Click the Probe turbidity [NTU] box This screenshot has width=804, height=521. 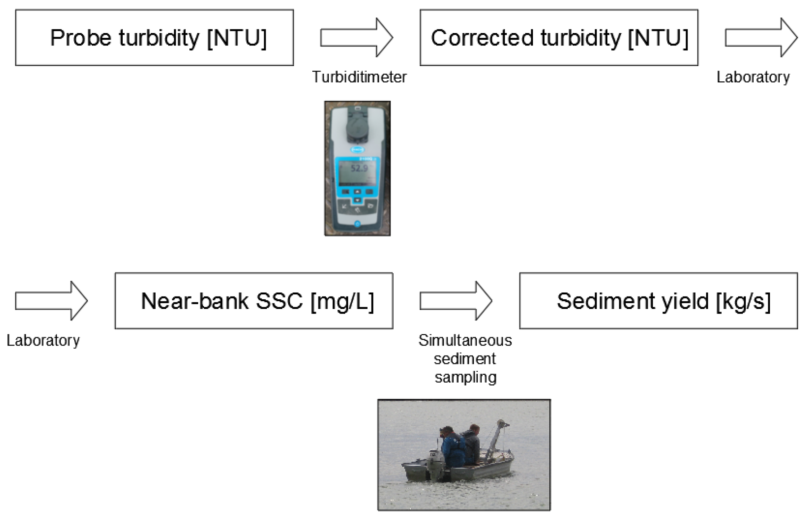[154, 38]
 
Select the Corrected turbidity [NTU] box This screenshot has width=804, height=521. [559, 38]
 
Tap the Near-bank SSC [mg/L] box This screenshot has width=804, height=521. [254, 301]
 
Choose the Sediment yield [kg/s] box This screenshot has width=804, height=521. [658, 301]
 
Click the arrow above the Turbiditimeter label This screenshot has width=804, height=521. [356, 38]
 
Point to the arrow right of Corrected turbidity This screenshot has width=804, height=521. [761, 38]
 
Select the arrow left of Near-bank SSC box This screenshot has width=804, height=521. [51, 301]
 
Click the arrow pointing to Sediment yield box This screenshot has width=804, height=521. [456, 301]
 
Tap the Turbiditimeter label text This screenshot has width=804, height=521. [359, 77]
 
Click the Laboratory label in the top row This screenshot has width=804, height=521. [753, 77]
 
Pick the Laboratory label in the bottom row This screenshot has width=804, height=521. [43, 340]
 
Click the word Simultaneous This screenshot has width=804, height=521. [465, 340]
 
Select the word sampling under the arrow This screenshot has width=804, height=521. [466, 377]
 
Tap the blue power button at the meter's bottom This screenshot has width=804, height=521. [357, 224]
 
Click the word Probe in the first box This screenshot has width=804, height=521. [81, 38]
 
